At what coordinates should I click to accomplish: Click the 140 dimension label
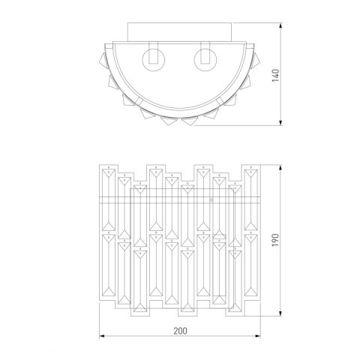[275, 75]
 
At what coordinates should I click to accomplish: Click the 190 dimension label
[275, 240]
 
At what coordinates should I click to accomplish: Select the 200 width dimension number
[180, 331]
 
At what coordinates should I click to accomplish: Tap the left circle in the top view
[154, 60]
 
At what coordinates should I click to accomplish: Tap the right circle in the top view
[205, 60]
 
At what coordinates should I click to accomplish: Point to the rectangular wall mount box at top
[180, 32]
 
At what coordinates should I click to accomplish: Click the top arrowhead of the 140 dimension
[280, 25]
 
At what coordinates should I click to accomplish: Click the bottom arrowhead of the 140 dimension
[280, 122]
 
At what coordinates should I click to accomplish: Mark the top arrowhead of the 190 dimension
[280, 167]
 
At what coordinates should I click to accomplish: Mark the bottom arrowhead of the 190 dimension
[280, 313]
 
